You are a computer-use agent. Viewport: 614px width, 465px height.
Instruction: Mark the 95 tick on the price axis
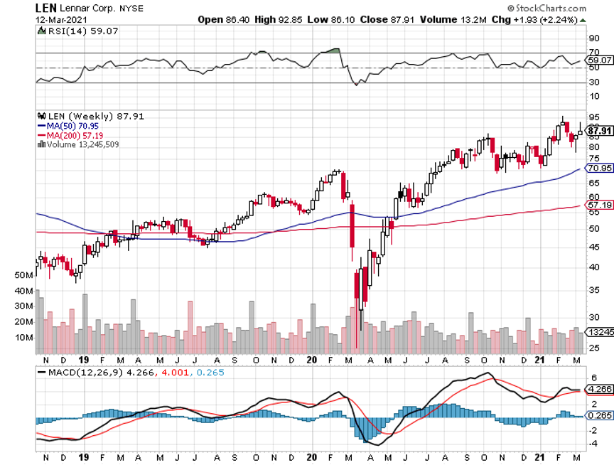click(x=593, y=117)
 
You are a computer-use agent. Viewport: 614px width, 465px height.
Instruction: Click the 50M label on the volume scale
click(x=23, y=274)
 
